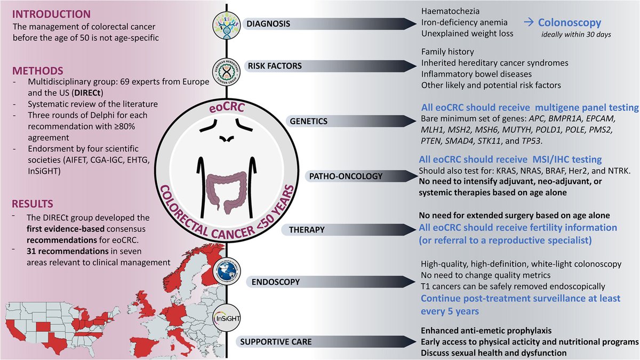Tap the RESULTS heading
35,204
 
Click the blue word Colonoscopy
569,23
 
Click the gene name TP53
545,142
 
